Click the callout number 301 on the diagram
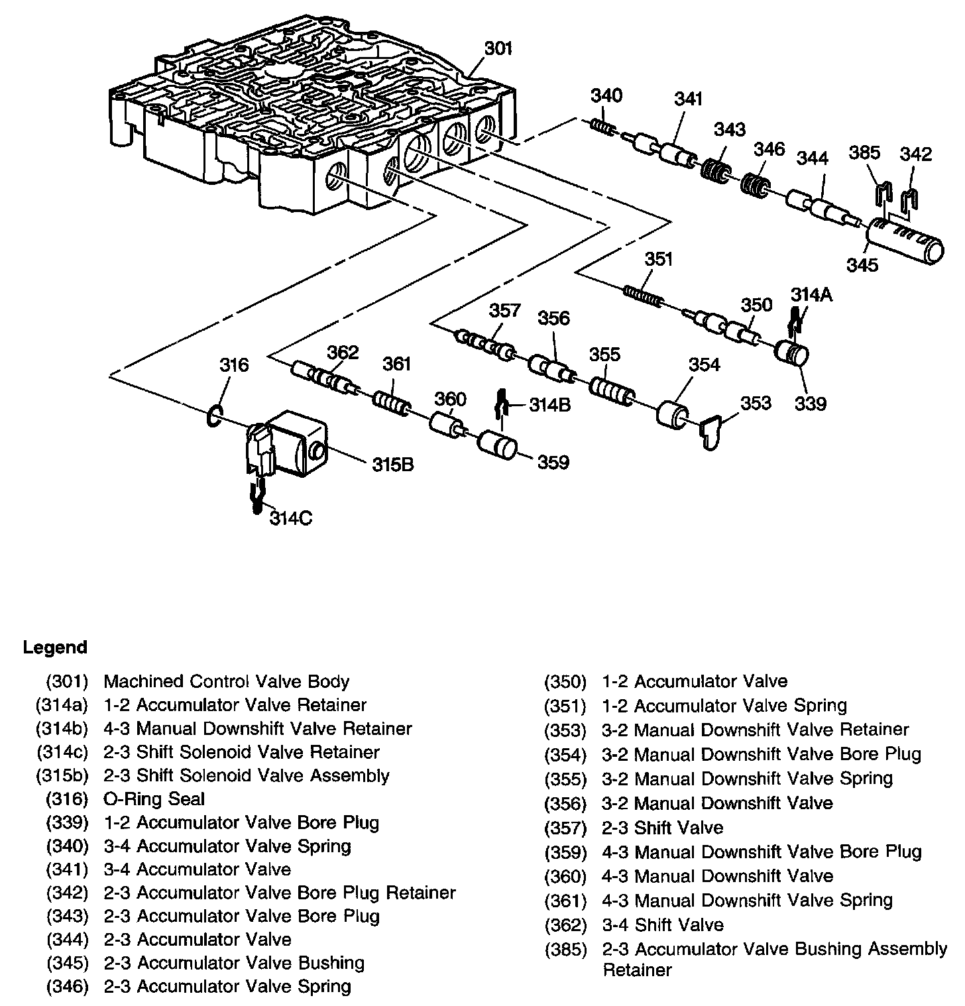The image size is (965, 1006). pos(498,49)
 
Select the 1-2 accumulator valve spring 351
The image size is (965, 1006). pos(642,294)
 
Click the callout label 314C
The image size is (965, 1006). pos(290,518)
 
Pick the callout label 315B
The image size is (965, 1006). pos(392,465)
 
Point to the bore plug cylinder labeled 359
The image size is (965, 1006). pos(497,445)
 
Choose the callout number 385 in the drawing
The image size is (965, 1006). pos(864,153)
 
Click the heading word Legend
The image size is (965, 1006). pos(55,647)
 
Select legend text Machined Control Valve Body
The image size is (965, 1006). pos(227,681)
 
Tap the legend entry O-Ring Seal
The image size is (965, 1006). pos(154,799)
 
